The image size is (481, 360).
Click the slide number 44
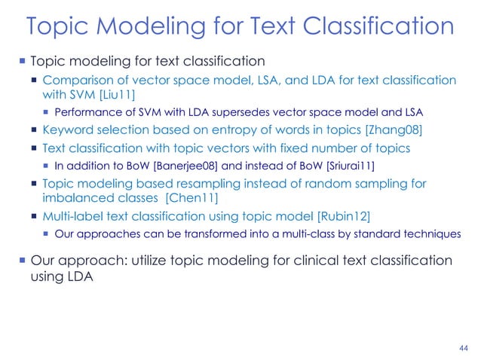click(463, 348)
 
